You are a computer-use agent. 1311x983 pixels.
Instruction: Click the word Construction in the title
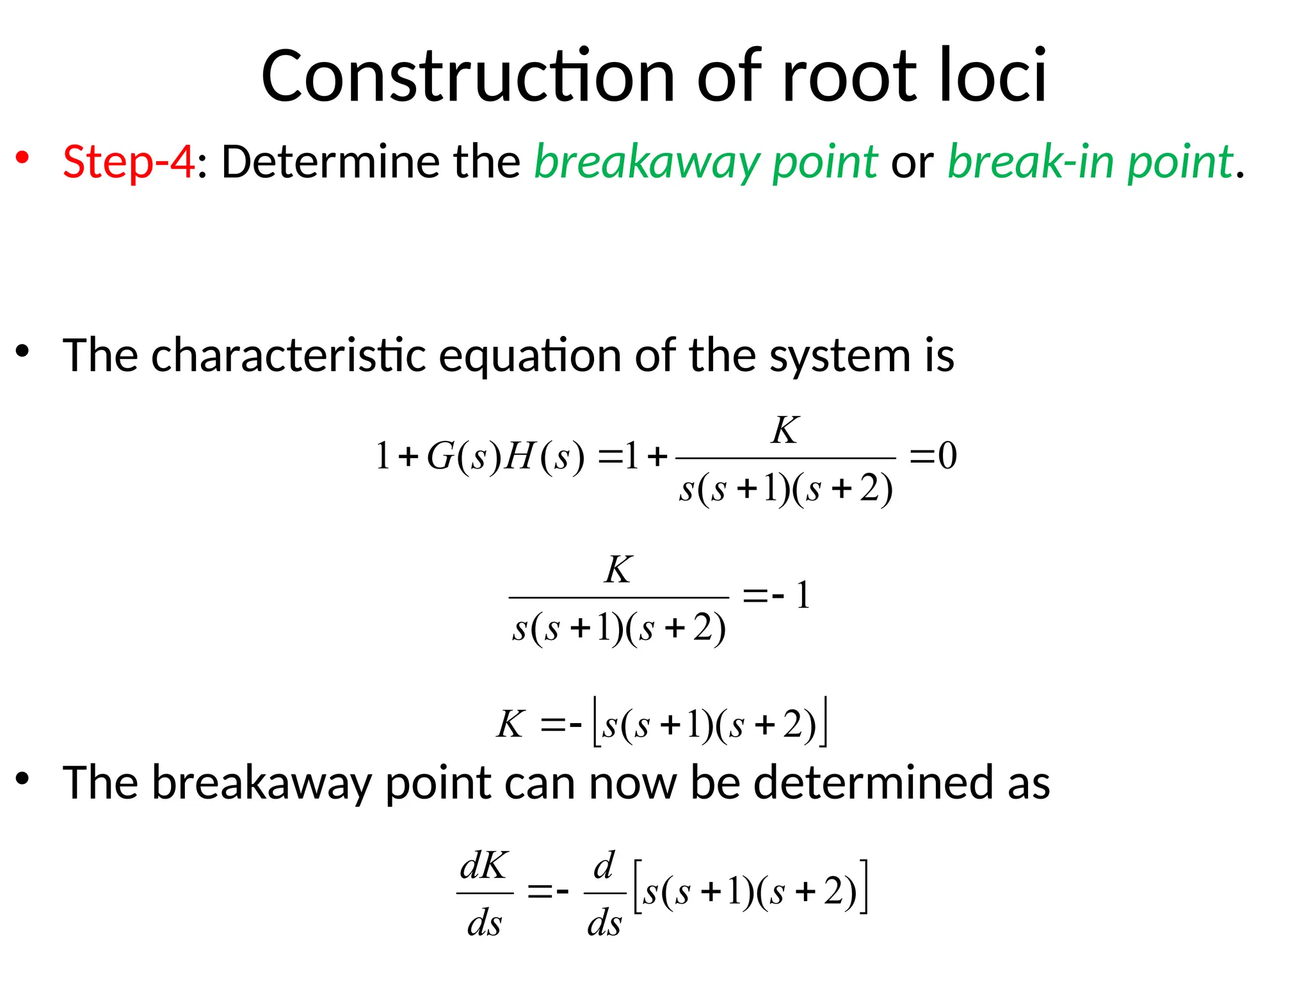pyautogui.click(x=467, y=77)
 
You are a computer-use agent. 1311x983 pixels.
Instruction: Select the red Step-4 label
pyautogui.click(x=128, y=161)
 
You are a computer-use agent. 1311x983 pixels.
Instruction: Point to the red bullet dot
pyautogui.click(x=23, y=157)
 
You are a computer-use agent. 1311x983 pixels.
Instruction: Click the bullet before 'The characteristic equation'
pyautogui.click(x=23, y=351)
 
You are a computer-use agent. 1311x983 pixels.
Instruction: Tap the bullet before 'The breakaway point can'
pyautogui.click(x=23, y=778)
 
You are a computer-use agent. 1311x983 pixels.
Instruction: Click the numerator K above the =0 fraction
pyautogui.click(x=785, y=430)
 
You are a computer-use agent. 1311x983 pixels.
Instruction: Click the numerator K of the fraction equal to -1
pyautogui.click(x=618, y=570)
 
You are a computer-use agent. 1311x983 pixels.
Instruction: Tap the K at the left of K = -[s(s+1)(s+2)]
pyautogui.click(x=511, y=725)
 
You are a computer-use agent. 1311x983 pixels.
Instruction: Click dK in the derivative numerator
pyautogui.click(x=484, y=867)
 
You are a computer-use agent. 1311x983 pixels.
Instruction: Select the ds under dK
pyautogui.click(x=484, y=923)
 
